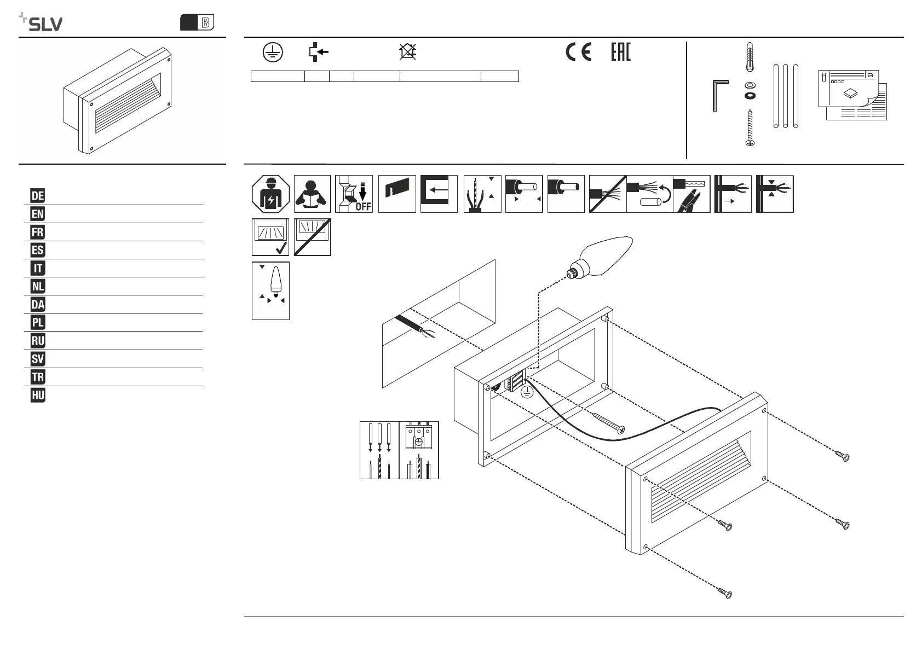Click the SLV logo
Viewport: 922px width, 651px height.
(41, 22)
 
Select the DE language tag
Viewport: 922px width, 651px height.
(38, 196)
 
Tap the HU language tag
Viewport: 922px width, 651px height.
(38, 395)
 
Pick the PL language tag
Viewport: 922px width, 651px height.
(38, 323)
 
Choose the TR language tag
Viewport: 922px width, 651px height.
(38, 377)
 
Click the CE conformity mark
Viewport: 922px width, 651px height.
(578, 52)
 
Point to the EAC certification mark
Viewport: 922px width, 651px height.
(621, 52)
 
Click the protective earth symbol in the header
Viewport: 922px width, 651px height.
(272, 52)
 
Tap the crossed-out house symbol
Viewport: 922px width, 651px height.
(408, 52)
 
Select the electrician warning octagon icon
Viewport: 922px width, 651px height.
(270, 194)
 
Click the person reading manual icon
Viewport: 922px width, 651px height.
(313, 194)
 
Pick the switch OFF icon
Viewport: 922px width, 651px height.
(354, 194)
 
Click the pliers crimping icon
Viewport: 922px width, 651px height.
(692, 194)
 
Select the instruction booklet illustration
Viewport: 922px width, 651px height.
(852, 95)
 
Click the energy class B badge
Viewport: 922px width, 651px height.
(197, 22)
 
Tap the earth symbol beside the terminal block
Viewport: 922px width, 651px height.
(527, 392)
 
